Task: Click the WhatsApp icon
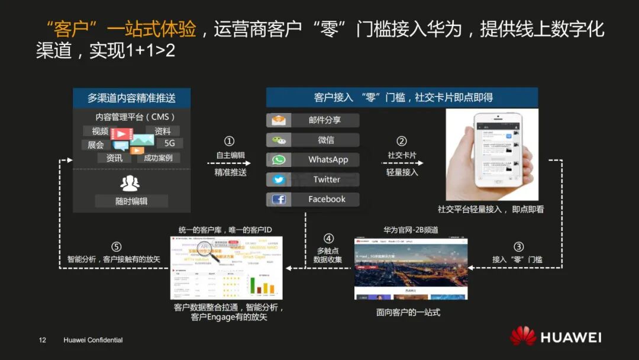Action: pyautogui.click(x=279, y=160)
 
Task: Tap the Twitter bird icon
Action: pyautogui.click(x=279, y=179)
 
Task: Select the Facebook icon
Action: pyautogui.click(x=279, y=200)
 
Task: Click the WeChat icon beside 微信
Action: pyautogui.click(x=279, y=140)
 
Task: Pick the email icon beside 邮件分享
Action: pyautogui.click(x=279, y=120)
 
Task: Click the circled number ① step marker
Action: pyautogui.click(x=230, y=142)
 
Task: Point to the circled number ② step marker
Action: pyautogui.click(x=402, y=142)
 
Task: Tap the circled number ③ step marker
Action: pyautogui.click(x=518, y=247)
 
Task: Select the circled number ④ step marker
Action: pyautogui.click(x=328, y=239)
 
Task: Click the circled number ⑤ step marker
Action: pyautogui.click(x=116, y=247)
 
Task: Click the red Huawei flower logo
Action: pyautogui.click(x=523, y=336)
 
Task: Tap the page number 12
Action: pyautogui.click(x=42, y=340)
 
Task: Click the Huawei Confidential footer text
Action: pyautogui.click(x=93, y=340)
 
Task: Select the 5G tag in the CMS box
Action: pyautogui.click(x=170, y=144)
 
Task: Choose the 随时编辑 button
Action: pyautogui.click(x=131, y=201)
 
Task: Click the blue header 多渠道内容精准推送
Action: pyautogui.click(x=131, y=98)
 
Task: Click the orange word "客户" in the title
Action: pyautogui.click(x=71, y=30)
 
